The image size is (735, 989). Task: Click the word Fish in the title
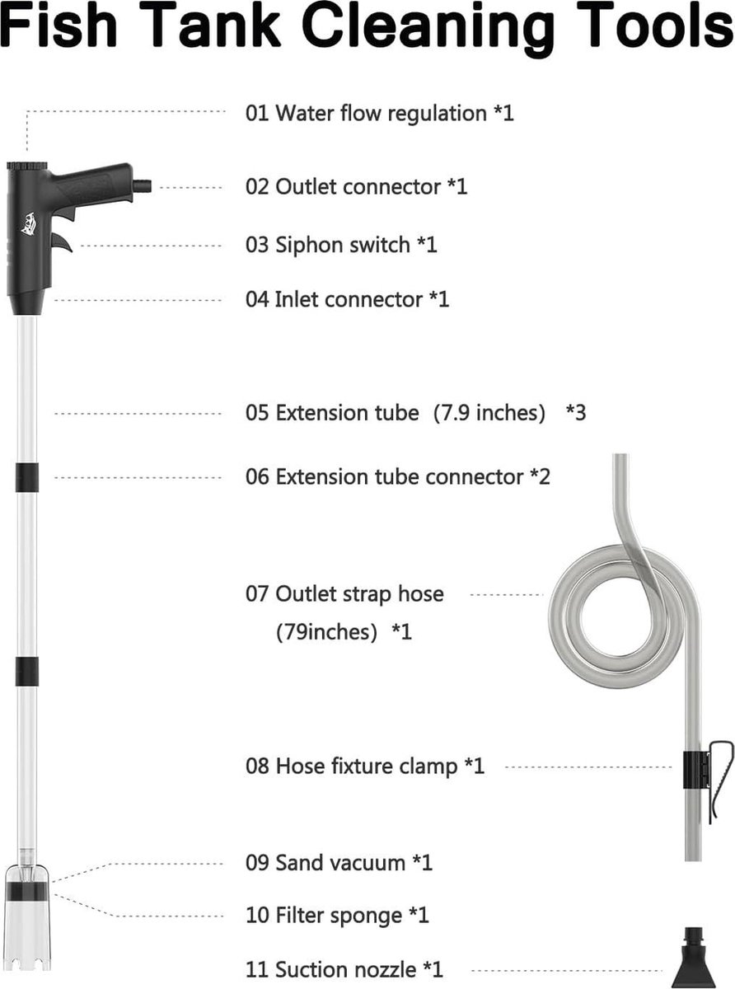click(x=59, y=26)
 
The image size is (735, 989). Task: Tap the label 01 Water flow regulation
click(x=380, y=113)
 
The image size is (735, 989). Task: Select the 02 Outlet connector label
click(x=356, y=186)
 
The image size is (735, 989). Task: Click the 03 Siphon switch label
click(x=341, y=245)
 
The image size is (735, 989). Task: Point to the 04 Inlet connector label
click(x=347, y=299)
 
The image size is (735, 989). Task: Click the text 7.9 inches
click(x=489, y=413)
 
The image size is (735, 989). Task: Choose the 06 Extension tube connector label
click(x=398, y=477)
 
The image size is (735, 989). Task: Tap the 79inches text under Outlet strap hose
click(x=327, y=631)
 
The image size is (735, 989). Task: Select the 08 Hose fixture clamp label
click(x=365, y=766)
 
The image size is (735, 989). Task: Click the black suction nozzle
click(x=694, y=959)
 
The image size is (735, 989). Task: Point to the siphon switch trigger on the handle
click(x=62, y=242)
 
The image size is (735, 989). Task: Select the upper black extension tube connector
click(x=27, y=477)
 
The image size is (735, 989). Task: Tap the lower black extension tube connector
click(x=27, y=671)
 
